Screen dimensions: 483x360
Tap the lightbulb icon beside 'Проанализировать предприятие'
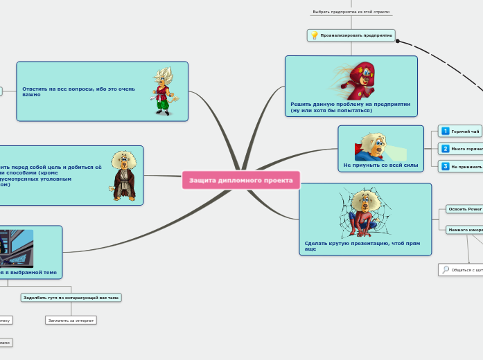(x=314, y=35)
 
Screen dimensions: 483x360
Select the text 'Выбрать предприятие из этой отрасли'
(x=351, y=12)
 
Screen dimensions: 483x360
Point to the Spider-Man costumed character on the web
(x=362, y=213)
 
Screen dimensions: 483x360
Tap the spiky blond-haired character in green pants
(x=165, y=90)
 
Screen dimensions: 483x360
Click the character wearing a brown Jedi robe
(x=125, y=174)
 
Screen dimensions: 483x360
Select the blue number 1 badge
(x=446, y=131)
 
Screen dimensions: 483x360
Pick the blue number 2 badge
(x=446, y=148)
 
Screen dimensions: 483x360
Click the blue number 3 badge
(x=446, y=166)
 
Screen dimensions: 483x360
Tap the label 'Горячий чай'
(x=465, y=131)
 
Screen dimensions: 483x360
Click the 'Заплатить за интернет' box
(x=71, y=321)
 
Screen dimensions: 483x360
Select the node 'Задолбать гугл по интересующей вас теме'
(x=71, y=298)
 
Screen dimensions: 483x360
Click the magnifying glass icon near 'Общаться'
(x=446, y=270)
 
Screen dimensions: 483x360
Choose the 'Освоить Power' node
(x=464, y=209)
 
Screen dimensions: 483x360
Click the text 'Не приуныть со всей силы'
(x=380, y=165)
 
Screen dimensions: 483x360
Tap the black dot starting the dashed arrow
(x=397, y=41)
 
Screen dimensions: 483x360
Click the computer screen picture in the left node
(x=17, y=248)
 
